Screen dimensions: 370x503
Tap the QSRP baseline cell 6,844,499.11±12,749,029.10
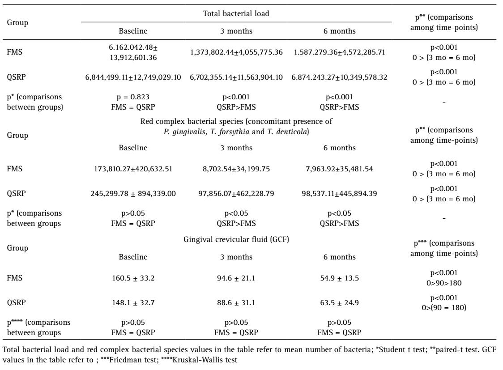tap(133, 77)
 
